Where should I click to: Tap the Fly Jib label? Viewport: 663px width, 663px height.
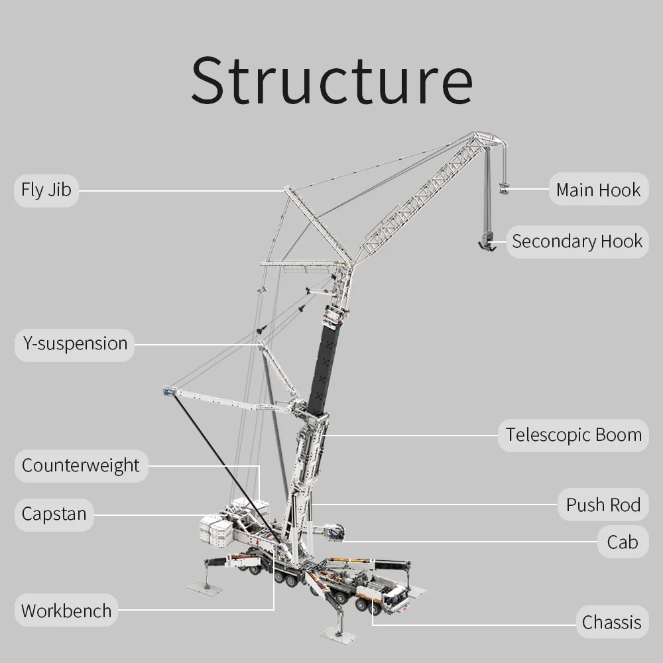point(46,190)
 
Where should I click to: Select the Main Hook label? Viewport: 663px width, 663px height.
point(598,190)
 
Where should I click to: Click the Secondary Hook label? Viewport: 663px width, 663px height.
point(577,241)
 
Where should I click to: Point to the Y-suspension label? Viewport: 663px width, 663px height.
point(74,344)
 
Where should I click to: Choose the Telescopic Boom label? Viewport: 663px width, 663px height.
point(573,436)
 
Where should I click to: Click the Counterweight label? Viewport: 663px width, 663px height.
point(80,465)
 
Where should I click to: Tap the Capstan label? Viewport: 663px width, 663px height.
point(54,514)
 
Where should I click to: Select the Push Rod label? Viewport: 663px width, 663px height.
point(603,505)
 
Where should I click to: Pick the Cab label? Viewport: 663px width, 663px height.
point(622,542)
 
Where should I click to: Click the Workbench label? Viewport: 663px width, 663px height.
point(66,611)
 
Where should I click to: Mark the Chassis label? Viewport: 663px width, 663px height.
point(611,623)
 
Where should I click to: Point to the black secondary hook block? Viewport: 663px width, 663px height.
point(487,242)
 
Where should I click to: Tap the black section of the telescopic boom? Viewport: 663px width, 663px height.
point(327,361)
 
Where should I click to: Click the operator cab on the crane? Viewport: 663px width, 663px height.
point(333,532)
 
